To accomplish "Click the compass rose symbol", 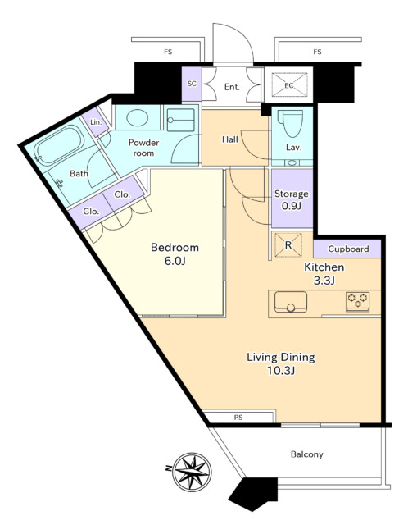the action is point(193,472).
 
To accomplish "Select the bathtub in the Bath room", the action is point(60,145).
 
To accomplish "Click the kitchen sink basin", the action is point(291,302).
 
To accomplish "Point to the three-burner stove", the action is point(357,301).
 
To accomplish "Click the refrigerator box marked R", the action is point(288,245).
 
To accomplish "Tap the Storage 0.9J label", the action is point(292,199).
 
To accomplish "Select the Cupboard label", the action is point(348,249).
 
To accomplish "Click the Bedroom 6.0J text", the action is point(175,253).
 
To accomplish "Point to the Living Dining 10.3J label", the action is point(281,363).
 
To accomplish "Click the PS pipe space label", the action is point(238,418).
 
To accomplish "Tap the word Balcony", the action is point(306,454).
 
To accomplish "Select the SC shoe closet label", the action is point(192,84).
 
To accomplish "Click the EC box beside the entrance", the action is point(289,85).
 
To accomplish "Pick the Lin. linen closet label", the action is point(96,122).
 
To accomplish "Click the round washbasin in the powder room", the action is point(138,118).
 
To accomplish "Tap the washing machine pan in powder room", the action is point(180,120).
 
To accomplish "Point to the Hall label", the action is point(230,139).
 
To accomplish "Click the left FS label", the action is point(168,52).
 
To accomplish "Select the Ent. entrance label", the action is point(232,87).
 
